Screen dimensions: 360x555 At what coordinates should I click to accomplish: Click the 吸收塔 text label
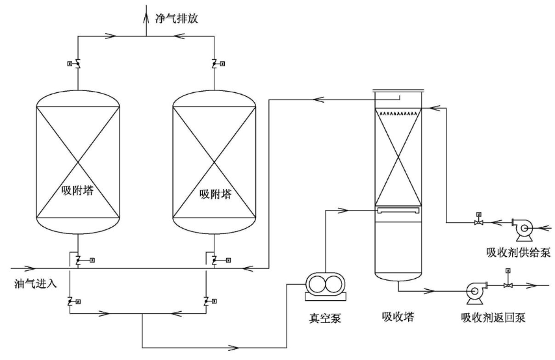click(398, 316)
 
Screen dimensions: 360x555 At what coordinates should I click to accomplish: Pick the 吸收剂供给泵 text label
click(518, 252)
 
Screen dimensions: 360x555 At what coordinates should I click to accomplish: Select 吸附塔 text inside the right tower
click(214, 193)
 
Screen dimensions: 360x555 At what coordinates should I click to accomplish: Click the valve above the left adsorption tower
click(77, 64)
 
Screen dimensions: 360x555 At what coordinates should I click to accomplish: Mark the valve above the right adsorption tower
click(214, 64)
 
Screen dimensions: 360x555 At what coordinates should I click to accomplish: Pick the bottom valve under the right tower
click(207, 301)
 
